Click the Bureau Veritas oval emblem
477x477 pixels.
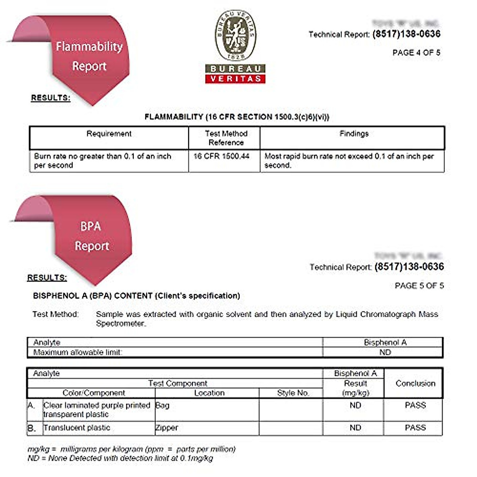[236, 35]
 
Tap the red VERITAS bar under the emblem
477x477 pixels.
[235, 79]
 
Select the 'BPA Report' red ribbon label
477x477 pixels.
[91, 236]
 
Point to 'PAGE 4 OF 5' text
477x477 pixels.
[416, 52]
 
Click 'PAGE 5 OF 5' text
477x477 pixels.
[419, 285]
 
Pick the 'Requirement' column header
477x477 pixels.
[109, 134]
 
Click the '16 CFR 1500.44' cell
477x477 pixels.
[221, 156]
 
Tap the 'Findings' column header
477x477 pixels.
[354, 134]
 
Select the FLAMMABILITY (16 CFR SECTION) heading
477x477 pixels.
[237, 117]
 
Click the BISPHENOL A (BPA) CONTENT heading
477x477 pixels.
[136, 296]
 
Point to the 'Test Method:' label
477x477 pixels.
[55, 314]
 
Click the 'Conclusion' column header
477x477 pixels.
[415, 383]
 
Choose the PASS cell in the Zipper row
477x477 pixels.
[415, 428]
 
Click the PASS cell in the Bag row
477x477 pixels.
[415, 405]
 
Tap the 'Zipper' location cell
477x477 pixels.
[167, 428]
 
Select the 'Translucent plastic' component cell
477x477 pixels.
[77, 428]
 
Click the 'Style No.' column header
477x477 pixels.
[293, 393]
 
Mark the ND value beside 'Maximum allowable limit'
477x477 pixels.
[385, 352]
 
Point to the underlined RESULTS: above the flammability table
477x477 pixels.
[50, 98]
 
